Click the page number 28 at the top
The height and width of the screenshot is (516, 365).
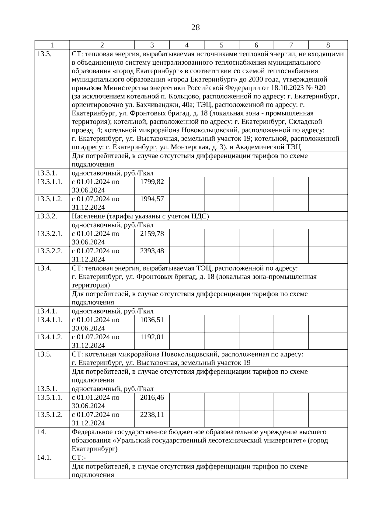[196, 28]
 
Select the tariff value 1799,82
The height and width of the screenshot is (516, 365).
[152, 182]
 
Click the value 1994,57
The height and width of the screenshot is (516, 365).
[152, 199]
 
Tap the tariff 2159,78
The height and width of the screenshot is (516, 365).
[152, 234]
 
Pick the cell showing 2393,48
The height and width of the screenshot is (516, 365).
[152, 251]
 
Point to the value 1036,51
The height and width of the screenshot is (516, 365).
[152, 320]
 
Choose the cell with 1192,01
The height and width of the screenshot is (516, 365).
[152, 337]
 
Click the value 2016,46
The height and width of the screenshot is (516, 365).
[152, 398]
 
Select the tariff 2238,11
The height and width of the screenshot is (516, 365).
[152, 415]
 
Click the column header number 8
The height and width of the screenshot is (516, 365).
[328, 45]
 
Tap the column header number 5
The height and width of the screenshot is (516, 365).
[221, 45]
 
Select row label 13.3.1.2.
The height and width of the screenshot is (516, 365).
[50, 199]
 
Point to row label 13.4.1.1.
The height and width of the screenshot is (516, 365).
[50, 320]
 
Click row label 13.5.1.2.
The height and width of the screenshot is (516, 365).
[50, 415]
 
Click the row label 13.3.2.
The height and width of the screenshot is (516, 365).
[47, 216]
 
